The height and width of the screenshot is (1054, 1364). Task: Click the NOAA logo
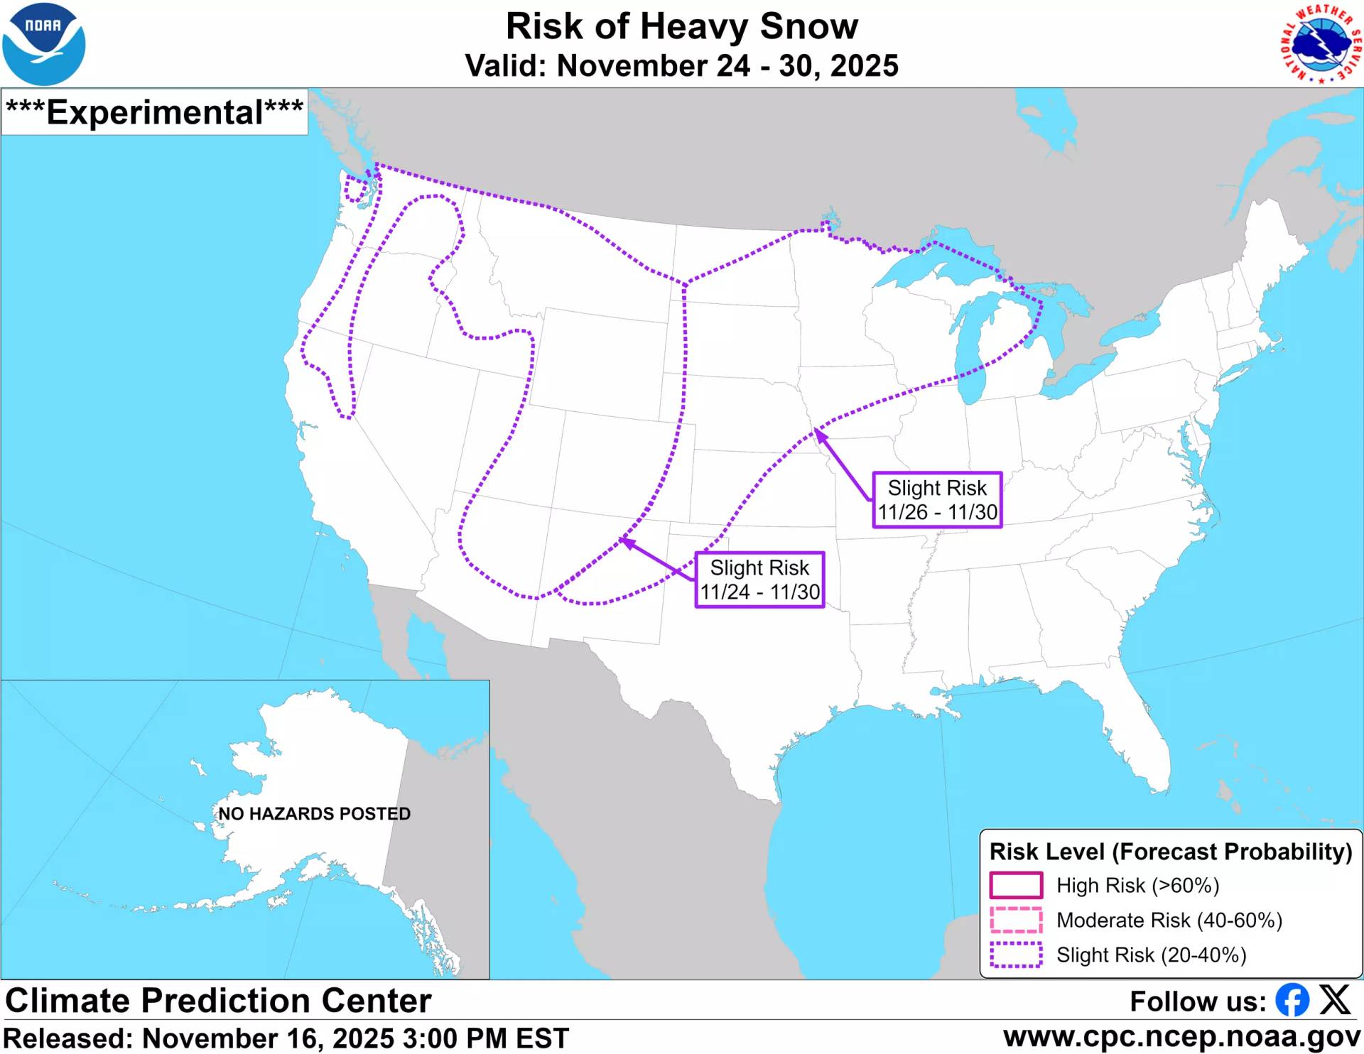(x=44, y=44)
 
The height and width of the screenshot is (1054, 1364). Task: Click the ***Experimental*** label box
(x=155, y=112)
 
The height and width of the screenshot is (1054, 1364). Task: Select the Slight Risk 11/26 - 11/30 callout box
(x=937, y=500)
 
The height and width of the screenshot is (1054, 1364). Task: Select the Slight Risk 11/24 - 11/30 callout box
(x=759, y=580)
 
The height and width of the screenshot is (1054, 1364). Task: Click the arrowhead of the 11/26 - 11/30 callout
(x=819, y=434)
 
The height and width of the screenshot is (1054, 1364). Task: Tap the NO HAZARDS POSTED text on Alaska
(x=314, y=813)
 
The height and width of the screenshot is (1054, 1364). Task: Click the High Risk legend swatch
(x=1016, y=886)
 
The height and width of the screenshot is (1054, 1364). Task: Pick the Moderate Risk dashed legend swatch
(x=1016, y=920)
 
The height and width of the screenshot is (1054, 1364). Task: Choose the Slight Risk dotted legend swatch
(x=1016, y=955)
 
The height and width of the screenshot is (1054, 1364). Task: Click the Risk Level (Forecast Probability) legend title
(x=1170, y=852)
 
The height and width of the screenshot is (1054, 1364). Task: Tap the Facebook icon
(x=1292, y=1000)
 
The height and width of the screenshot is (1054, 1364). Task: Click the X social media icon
(x=1335, y=1000)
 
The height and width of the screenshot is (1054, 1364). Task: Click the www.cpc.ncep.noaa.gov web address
(x=1182, y=1037)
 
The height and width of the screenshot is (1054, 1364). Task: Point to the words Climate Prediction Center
(x=218, y=1000)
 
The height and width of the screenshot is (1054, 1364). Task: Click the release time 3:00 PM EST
(x=486, y=1038)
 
